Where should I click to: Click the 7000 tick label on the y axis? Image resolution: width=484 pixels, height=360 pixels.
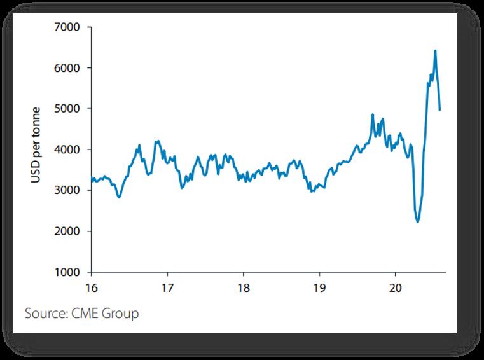tap(69, 27)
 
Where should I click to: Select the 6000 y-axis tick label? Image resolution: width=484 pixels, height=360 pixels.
tap(69, 68)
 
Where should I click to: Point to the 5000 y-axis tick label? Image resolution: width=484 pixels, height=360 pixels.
tap(69, 109)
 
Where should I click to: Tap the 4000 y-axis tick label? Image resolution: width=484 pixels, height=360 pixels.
tap(69, 149)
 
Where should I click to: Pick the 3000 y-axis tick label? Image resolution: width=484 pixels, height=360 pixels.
tap(69, 190)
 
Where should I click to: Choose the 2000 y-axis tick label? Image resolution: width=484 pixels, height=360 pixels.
tap(69, 232)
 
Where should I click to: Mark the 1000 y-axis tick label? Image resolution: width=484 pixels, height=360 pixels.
tap(69, 272)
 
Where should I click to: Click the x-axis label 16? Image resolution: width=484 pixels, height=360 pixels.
tap(92, 286)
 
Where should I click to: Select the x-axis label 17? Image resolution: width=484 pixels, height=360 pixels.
tap(167, 286)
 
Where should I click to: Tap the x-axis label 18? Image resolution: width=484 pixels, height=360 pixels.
tap(243, 286)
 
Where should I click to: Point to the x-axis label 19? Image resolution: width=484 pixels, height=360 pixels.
tap(319, 286)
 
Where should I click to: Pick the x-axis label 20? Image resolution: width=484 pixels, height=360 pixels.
tap(394, 286)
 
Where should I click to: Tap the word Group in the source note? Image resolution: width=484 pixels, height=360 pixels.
tap(121, 314)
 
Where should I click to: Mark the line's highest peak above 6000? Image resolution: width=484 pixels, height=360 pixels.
tap(435, 50)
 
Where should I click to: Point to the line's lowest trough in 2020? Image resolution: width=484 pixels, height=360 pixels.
tap(417, 222)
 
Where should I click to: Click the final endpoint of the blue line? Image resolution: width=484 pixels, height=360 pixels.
tap(440, 110)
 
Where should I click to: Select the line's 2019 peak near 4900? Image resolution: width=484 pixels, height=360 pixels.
tap(372, 114)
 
